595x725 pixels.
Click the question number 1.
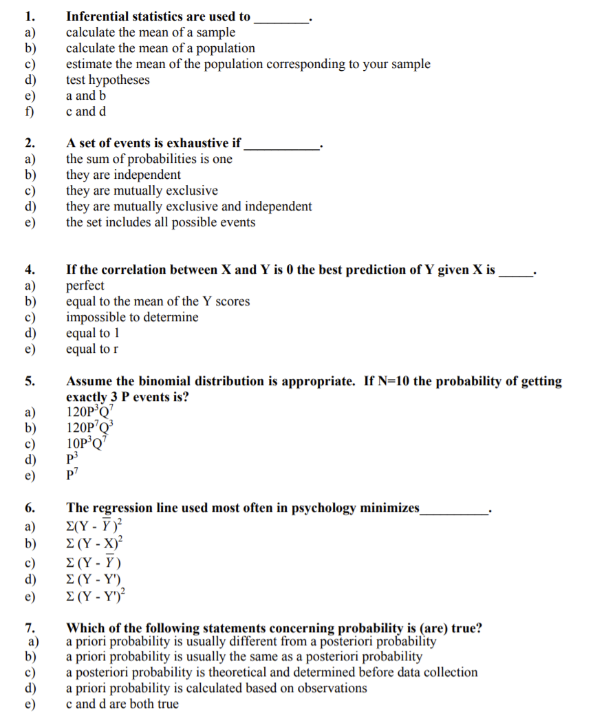click(x=28, y=17)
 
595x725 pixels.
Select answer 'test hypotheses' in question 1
click(x=107, y=80)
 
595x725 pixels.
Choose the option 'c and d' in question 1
click(x=86, y=111)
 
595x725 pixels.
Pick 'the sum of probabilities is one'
click(x=149, y=159)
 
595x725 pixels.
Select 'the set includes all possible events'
click(x=160, y=222)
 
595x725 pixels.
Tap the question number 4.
click(x=30, y=270)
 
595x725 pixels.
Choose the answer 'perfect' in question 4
click(x=85, y=285)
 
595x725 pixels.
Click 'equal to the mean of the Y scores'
click(x=158, y=301)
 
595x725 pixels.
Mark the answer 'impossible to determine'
click(x=132, y=317)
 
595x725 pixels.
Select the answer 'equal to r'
click(x=92, y=349)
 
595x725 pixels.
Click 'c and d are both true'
click(x=122, y=704)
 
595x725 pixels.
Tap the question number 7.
click(x=30, y=627)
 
